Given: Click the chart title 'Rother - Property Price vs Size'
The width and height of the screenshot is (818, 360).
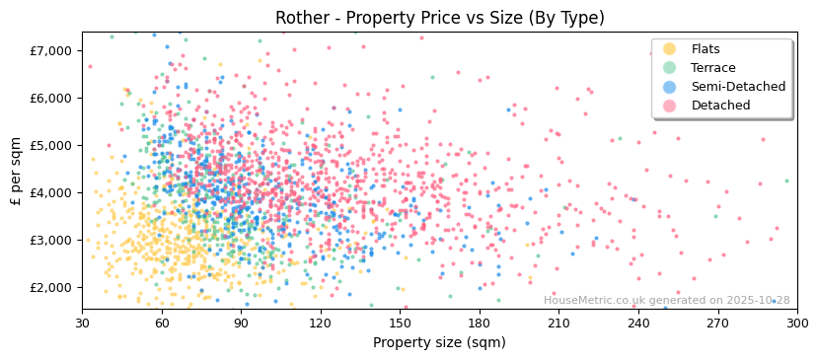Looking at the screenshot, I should (439, 18).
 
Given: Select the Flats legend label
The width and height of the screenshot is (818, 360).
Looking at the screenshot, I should (706, 49).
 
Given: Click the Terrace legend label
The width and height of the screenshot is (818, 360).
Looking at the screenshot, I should (711, 68).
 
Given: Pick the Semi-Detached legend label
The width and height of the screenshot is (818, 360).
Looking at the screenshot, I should (738, 87).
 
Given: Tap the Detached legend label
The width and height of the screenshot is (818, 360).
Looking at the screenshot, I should (720, 106).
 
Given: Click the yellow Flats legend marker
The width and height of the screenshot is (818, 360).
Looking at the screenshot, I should (670, 49).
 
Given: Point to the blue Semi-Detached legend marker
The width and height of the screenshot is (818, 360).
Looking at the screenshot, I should (670, 87).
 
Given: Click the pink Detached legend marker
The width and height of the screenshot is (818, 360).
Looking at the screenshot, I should (670, 106).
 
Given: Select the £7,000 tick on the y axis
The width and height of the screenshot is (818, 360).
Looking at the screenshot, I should (50, 50).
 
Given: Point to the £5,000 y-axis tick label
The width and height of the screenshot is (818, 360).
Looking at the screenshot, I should (50, 145).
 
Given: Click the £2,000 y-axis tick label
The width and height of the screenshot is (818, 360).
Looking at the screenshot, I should (50, 287).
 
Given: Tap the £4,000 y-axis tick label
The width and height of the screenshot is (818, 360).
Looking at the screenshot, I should (50, 192).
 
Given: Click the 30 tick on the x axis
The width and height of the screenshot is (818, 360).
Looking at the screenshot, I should (82, 323).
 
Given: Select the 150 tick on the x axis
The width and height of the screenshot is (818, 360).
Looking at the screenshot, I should (400, 323).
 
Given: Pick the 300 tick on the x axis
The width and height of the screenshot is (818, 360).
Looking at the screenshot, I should (796, 323).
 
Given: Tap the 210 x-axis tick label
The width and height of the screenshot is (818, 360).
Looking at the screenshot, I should (558, 323).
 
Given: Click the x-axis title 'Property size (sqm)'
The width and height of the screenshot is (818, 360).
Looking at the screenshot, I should (439, 342).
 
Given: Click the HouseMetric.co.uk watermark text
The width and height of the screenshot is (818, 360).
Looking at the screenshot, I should (666, 301).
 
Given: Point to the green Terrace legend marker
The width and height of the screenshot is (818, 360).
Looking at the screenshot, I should (670, 68).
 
